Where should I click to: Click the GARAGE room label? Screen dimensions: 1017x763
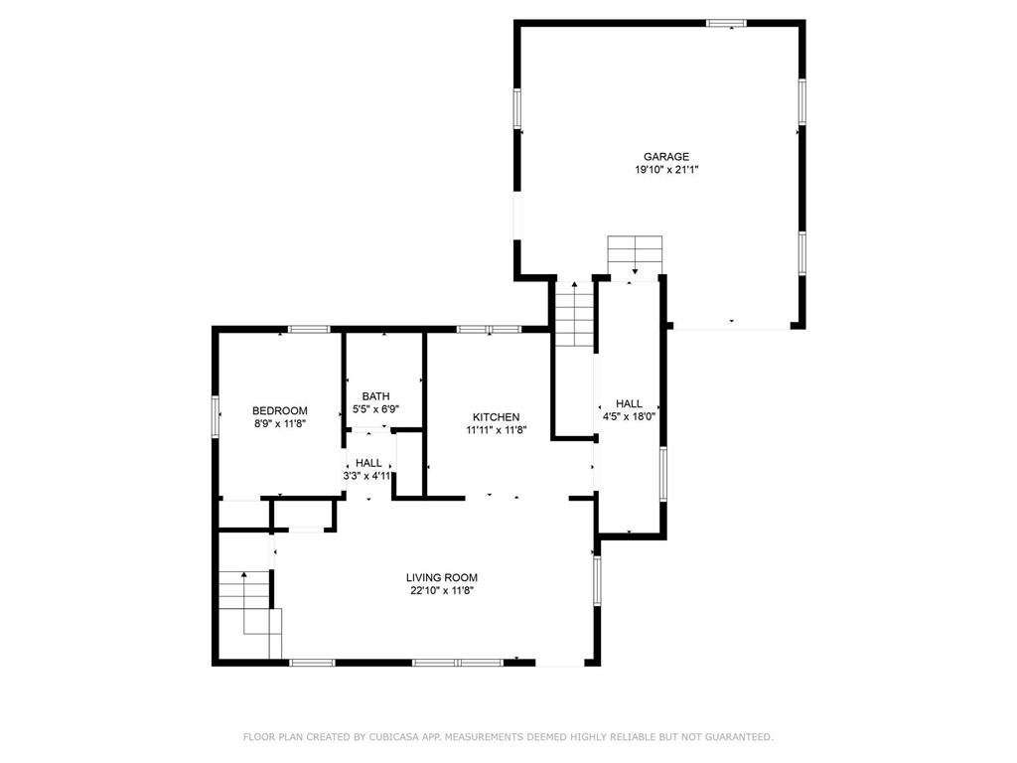tap(666, 156)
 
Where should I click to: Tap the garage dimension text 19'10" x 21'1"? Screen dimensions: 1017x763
tap(666, 170)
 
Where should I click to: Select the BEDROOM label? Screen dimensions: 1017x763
tap(279, 410)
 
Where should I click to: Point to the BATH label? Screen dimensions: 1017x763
tap(376, 396)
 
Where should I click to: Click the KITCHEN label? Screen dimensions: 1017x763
tap(497, 417)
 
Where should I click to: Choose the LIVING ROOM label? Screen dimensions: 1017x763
tap(442, 577)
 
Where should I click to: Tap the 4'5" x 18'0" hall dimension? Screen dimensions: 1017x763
tap(629, 417)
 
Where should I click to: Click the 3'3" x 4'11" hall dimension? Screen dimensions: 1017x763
tap(368, 476)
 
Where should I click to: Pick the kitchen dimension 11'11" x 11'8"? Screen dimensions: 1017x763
tap(497, 430)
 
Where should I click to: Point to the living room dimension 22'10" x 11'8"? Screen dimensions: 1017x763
tap(442, 591)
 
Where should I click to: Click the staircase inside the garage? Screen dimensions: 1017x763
tap(635, 255)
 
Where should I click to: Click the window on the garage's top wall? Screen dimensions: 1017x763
tap(726, 24)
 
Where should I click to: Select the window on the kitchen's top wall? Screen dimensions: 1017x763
tap(489, 330)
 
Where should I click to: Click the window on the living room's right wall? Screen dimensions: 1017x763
tap(597, 580)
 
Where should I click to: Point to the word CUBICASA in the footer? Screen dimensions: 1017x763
tap(395, 737)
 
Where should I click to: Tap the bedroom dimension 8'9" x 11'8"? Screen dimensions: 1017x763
tap(279, 423)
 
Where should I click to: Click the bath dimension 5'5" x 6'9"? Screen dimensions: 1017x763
tap(376, 409)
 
